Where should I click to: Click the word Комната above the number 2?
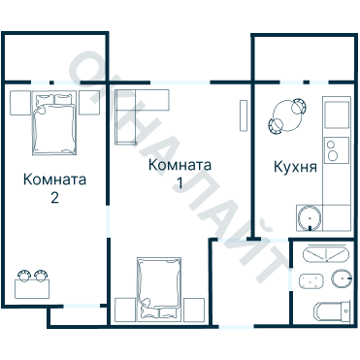pos(55,180)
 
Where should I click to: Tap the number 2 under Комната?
pos(55,199)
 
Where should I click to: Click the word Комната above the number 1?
pos(180,166)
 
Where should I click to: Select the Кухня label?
pos(296,166)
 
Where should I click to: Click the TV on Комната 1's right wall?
pos(242,115)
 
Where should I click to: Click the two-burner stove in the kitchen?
pos(337,150)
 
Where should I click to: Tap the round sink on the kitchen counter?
pos(308,215)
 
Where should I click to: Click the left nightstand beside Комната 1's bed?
pos(123,310)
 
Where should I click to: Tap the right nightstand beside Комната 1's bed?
pos(194,310)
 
